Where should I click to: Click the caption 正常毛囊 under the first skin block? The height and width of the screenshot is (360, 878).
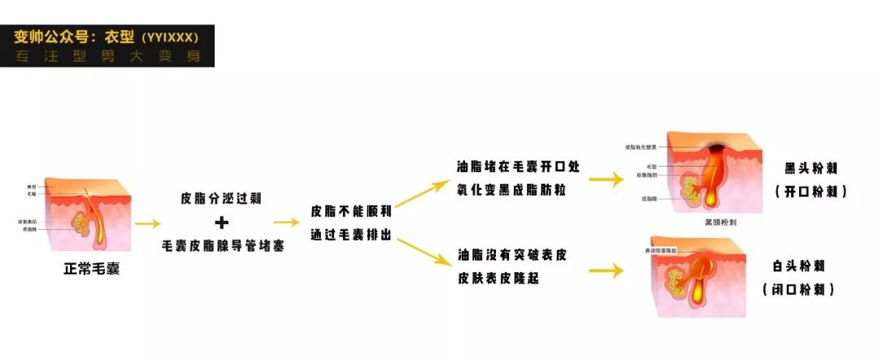tap(91, 269)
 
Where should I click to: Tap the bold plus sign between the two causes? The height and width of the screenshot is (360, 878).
tap(221, 222)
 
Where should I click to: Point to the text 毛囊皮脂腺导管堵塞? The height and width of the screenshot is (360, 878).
tap(221, 245)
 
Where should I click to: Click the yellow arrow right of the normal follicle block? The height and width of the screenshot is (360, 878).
tap(147, 223)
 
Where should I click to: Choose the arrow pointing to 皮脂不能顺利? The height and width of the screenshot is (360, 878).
tap(286, 222)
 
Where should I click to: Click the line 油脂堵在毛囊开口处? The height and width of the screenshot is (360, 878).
tap(518, 167)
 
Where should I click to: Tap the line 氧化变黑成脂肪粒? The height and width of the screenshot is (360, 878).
tap(512, 191)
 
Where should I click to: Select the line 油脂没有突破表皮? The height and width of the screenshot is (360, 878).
tap(512, 255)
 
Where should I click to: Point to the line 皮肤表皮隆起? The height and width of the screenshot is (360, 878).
tap(498, 279)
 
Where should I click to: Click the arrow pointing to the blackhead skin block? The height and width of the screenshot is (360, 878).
tap(606, 180)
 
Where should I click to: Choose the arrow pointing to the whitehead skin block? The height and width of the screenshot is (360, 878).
tap(606, 270)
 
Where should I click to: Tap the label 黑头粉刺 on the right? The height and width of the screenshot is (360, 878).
tap(811, 169)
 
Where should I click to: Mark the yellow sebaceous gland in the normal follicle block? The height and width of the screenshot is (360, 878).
tap(81, 220)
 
